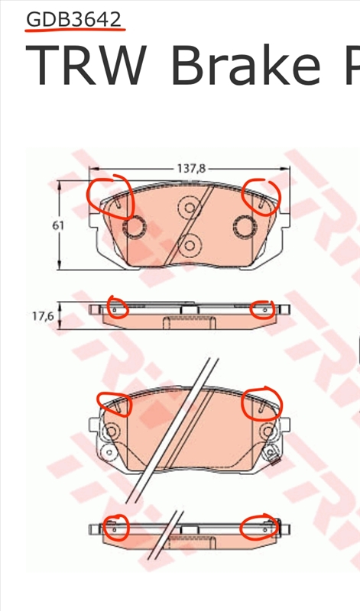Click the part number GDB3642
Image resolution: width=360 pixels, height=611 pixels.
point(74,19)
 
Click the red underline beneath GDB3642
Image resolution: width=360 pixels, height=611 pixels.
point(74,32)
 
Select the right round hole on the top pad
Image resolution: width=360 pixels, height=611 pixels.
point(245,226)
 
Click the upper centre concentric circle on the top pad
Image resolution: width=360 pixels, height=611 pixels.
point(187,206)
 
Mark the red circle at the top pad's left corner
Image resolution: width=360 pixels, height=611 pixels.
point(110,197)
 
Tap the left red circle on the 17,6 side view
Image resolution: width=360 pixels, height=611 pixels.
point(117,308)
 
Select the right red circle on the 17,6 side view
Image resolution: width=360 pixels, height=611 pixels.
point(261,309)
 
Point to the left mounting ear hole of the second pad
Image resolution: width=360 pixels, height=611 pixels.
point(110,432)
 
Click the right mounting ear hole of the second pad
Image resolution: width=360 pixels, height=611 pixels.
point(270,432)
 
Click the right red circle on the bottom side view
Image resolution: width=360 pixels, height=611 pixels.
point(258,527)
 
